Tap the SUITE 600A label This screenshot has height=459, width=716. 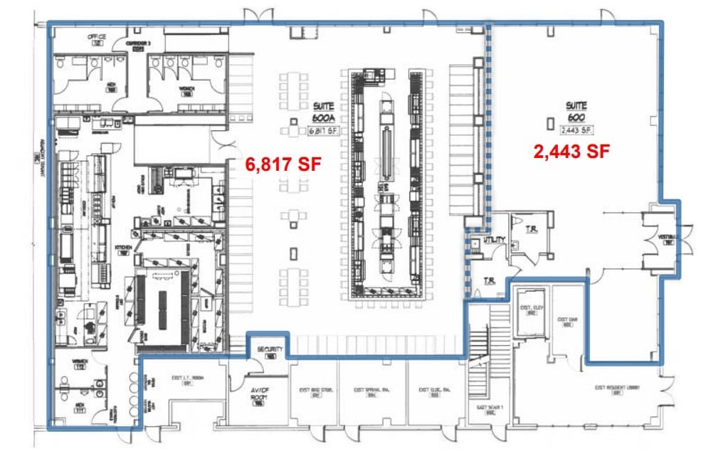point(322,111)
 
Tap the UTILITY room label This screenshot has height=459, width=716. point(494,241)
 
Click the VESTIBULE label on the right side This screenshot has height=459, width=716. point(668,238)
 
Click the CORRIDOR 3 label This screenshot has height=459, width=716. point(139,46)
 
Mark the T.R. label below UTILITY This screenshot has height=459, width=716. point(490,280)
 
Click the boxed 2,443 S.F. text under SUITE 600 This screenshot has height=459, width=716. point(577,130)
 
